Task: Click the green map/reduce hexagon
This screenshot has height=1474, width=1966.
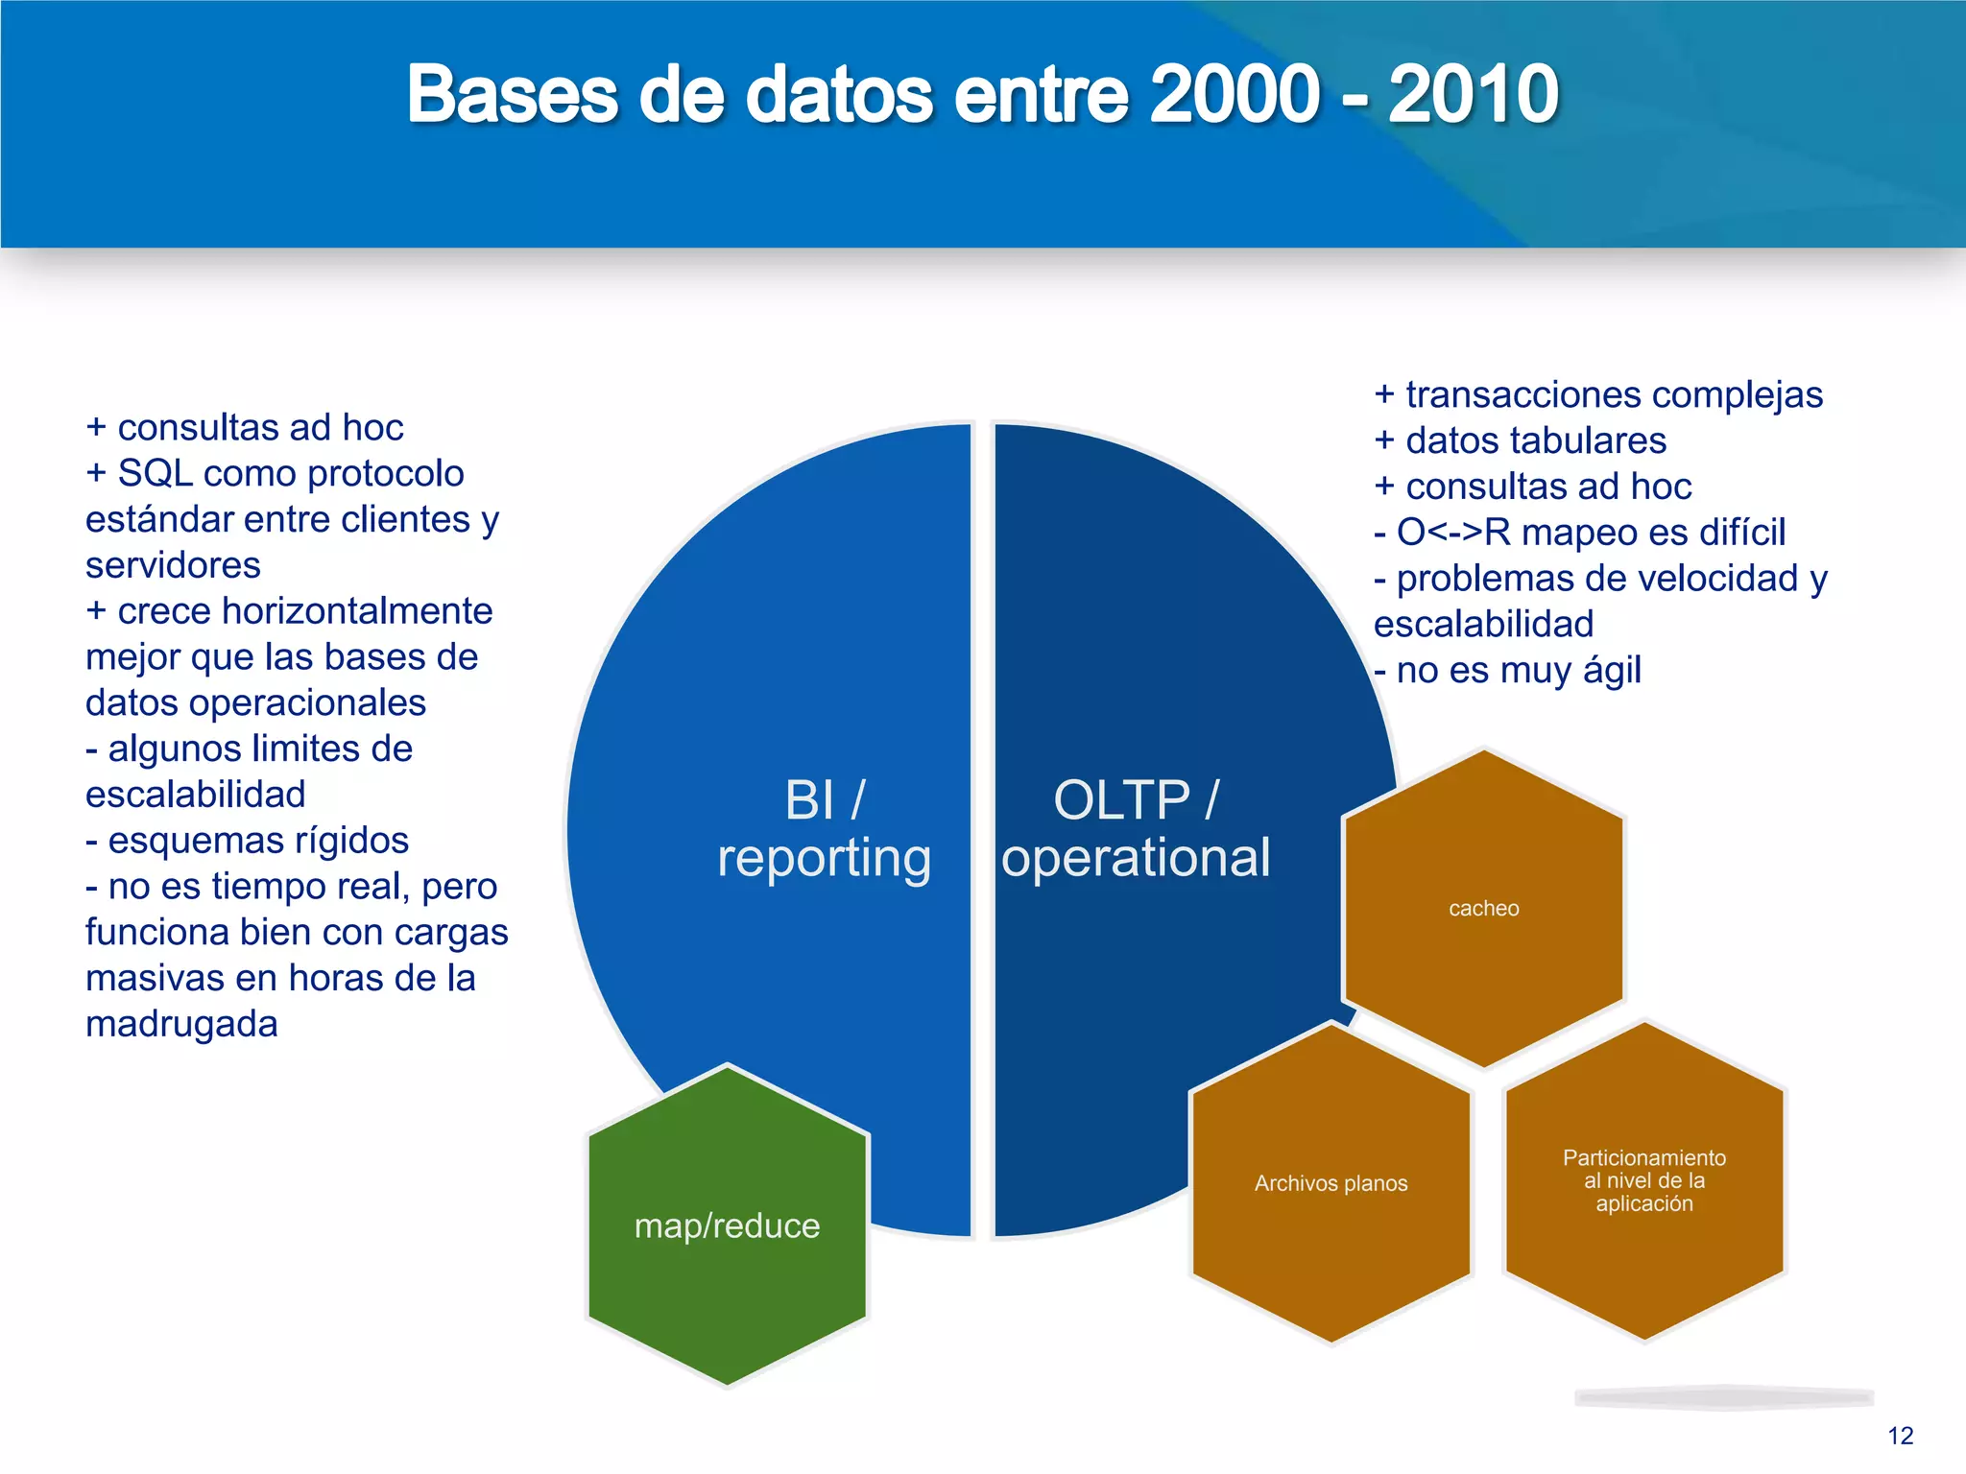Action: pos(727,1226)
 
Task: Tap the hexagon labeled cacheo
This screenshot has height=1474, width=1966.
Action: pos(1483,909)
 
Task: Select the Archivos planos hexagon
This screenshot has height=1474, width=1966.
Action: pos(1331,1183)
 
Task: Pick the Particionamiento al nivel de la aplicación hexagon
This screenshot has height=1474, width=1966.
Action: pos(1643,1180)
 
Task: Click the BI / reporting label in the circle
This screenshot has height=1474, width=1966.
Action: pos(824,829)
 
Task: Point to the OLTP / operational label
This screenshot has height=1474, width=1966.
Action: pos(1136,829)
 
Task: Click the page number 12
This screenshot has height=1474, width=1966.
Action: pos(1900,1436)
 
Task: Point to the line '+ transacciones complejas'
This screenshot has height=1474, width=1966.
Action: pos(1598,394)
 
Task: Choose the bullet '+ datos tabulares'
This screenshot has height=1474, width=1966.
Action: pos(1521,440)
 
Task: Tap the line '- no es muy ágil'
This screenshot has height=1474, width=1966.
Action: pos(1508,671)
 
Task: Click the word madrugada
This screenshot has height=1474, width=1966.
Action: pos(181,1024)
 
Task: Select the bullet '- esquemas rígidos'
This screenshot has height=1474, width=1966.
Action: pos(248,841)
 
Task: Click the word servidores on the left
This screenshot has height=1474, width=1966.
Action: pos(173,565)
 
